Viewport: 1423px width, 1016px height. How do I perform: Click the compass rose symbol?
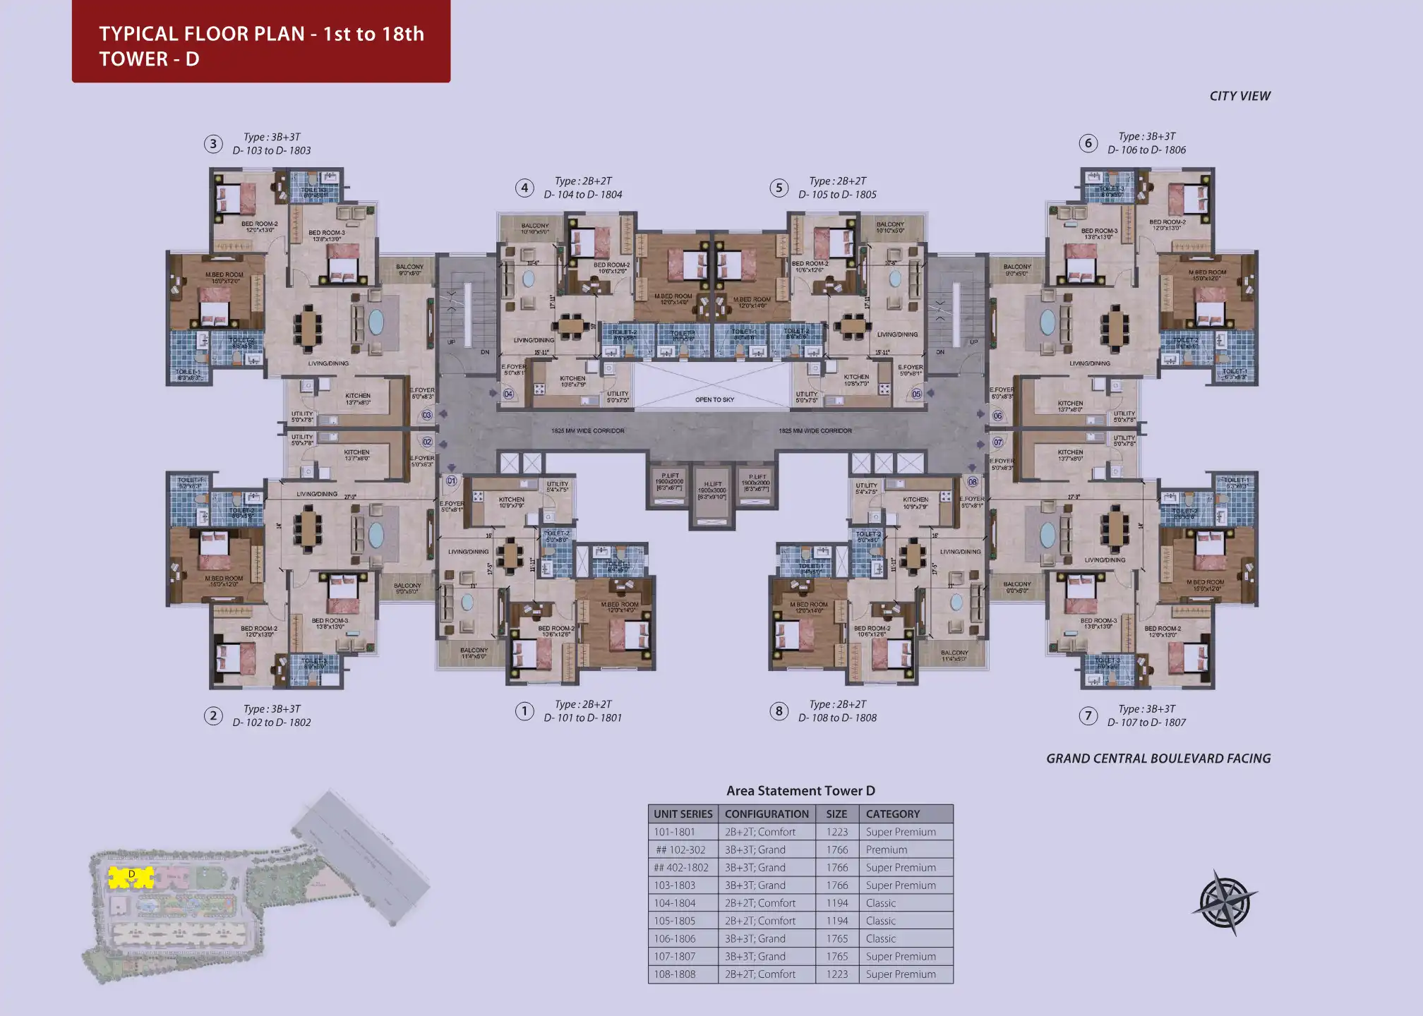[1225, 902]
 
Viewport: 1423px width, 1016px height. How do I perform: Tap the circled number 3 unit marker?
[213, 144]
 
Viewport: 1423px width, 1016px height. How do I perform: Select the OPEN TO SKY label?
[714, 399]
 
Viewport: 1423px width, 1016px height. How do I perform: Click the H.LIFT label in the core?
[712, 485]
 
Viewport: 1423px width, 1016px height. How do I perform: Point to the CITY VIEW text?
[1239, 96]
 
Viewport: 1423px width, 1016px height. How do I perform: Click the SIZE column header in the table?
[836, 814]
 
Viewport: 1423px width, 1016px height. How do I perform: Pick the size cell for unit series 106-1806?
[836, 938]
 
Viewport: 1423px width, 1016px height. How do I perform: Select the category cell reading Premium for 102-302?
[887, 849]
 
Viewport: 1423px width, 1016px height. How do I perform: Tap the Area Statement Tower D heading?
[800, 791]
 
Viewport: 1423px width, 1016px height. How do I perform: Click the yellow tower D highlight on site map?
[131, 877]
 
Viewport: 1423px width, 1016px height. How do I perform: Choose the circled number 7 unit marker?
[1088, 716]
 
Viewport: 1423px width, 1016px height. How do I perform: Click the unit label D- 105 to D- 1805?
[837, 195]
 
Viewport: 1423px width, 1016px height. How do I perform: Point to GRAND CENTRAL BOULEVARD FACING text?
[1158, 758]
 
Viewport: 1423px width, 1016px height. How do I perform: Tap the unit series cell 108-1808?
[674, 974]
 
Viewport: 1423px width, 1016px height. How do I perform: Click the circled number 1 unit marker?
[524, 711]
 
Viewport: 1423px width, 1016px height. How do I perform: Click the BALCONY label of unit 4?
[535, 226]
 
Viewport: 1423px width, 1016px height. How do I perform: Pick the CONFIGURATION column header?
[767, 814]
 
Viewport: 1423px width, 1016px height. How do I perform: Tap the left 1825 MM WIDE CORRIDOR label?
[588, 430]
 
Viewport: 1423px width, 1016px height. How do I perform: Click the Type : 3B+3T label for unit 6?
[1147, 137]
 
